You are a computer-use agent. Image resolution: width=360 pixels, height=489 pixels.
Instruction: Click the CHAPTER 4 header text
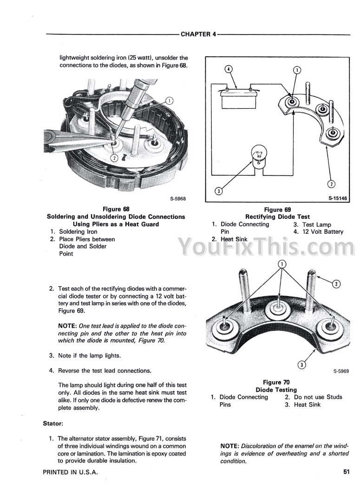tap(198, 34)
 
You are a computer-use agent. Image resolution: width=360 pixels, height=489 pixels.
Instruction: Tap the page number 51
tap(346, 472)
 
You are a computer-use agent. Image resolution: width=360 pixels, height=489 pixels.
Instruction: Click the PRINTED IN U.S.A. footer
tap(71, 472)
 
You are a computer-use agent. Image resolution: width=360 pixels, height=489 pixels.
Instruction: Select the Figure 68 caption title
tap(116, 209)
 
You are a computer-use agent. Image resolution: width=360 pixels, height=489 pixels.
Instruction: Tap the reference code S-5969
tap(341, 371)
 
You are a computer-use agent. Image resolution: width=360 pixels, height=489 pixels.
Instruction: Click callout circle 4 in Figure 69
tap(228, 70)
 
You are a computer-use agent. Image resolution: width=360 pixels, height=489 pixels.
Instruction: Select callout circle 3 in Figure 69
tap(218, 191)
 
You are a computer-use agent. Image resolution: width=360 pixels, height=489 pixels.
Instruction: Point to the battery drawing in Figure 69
tap(237, 98)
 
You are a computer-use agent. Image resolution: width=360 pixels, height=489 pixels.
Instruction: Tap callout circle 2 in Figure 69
tap(331, 184)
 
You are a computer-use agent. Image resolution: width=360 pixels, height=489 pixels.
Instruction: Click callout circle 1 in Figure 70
tap(281, 264)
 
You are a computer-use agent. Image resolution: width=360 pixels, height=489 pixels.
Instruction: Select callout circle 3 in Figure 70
tap(301, 364)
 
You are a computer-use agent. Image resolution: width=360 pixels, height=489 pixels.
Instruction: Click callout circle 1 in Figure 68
tap(170, 100)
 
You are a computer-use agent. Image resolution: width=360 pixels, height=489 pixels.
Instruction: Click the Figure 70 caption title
tap(276, 382)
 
